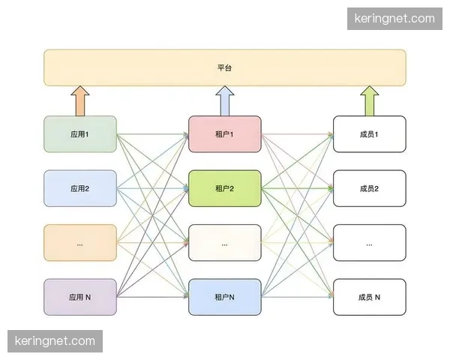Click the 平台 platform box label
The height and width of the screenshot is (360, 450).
coord(225,67)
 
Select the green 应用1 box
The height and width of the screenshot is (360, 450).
coord(80,134)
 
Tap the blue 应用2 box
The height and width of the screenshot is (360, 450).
coord(80,188)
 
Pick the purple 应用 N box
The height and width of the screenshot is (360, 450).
coord(80,297)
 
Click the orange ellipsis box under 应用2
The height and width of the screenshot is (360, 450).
coord(80,243)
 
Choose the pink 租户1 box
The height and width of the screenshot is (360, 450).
coord(225,134)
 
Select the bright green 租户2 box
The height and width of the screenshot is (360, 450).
coord(225,188)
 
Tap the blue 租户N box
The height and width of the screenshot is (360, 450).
coord(225,297)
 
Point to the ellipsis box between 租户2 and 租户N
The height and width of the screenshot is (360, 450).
coord(225,243)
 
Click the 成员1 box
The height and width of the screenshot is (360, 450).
coord(370,134)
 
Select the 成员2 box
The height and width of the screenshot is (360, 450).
coord(370,188)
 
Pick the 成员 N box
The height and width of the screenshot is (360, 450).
coord(370,297)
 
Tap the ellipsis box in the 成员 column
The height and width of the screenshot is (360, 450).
coord(370,243)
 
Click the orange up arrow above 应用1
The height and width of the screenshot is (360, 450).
coord(80,100)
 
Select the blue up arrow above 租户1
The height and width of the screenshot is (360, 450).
coord(225,100)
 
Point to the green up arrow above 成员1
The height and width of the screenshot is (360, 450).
coord(370,100)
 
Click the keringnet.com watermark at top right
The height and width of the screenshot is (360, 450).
coord(398,18)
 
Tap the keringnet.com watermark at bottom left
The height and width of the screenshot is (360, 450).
coord(57,341)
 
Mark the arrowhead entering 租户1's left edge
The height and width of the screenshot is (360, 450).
coord(185,135)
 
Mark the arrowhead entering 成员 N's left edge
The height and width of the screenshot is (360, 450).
coord(330,297)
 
